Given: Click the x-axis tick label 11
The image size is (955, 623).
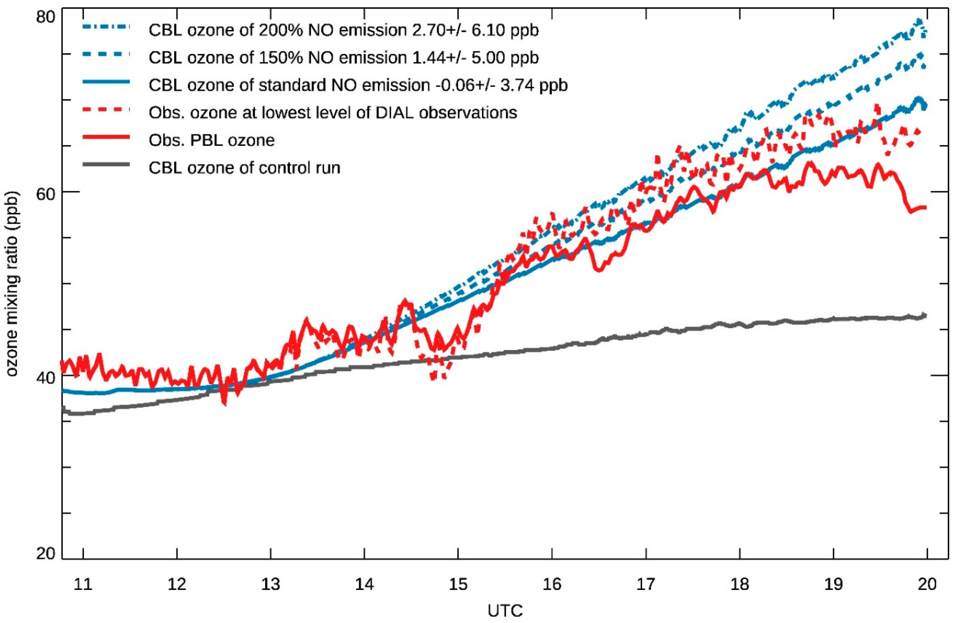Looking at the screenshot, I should click(x=83, y=584).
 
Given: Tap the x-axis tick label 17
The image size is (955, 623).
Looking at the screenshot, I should click(x=646, y=584).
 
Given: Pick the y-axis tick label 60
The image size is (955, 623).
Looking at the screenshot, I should click(x=45, y=192).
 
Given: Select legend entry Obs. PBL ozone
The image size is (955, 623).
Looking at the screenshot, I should click(x=212, y=140).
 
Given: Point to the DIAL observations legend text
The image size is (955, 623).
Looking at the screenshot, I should click(x=333, y=113).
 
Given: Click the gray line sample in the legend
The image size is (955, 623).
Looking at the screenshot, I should click(x=106, y=165).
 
